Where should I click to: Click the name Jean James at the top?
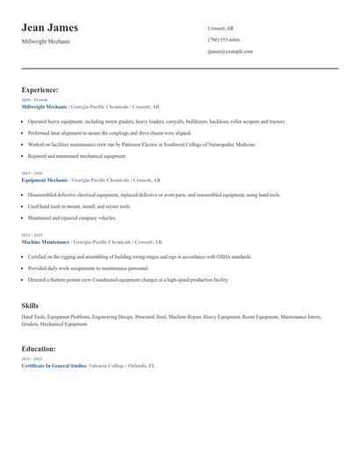pyautogui.click(x=50, y=28)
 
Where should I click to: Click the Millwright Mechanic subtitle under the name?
pyautogui.click(x=47, y=41)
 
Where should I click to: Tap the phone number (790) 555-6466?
pyautogui.click(x=223, y=40)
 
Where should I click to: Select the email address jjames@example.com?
pyautogui.click(x=230, y=52)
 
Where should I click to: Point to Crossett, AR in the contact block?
pyautogui.click(x=221, y=28)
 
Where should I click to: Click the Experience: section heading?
pyautogui.click(x=40, y=89)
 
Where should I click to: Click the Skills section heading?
pyautogui.click(x=30, y=304)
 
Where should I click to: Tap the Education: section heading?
pyautogui.click(x=40, y=348)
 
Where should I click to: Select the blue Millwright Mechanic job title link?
pyautogui.click(x=44, y=105)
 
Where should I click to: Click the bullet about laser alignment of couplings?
pyautogui.click(x=109, y=132)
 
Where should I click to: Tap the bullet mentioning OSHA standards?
pyautogui.click(x=140, y=257)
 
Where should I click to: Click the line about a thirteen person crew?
pyautogui.click(x=127, y=279)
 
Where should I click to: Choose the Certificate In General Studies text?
pyautogui.click(x=54, y=365)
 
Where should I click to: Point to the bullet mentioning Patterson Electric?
pyautogui.click(x=141, y=144)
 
